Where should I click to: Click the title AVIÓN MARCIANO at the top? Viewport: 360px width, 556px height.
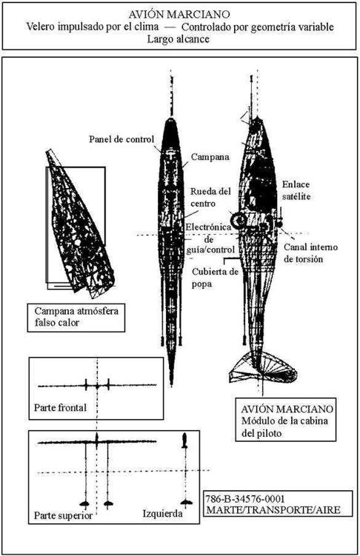point(179,15)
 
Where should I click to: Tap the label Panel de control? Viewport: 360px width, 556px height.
point(121,139)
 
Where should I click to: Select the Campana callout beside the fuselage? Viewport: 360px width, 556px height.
point(210,157)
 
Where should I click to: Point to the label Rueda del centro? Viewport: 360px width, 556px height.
point(210,198)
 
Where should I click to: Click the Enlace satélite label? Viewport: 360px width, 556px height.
point(296,190)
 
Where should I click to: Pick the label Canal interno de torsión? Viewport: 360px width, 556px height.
point(310,253)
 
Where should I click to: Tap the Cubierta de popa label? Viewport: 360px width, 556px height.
point(216,278)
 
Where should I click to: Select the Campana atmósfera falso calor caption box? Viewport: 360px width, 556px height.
point(76,318)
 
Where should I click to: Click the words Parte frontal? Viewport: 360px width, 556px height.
point(60,407)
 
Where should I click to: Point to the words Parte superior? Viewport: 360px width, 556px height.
point(63,515)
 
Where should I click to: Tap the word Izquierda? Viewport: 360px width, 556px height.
point(163,514)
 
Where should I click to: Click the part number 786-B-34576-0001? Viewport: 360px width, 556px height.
point(245,499)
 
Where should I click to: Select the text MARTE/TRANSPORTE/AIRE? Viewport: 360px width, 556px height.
point(273,510)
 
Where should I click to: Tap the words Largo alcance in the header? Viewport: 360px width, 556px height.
point(179,38)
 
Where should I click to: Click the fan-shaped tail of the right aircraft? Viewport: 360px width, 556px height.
point(262,369)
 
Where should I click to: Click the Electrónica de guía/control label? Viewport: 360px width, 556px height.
point(210,238)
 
